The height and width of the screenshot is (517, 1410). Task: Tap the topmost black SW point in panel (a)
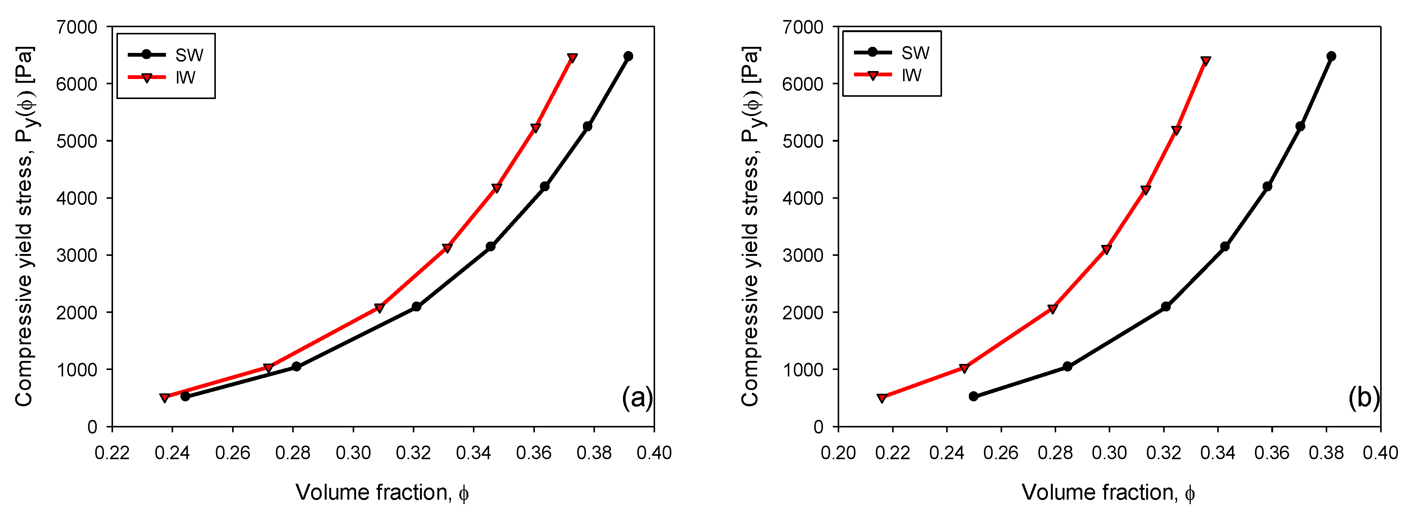coord(628,56)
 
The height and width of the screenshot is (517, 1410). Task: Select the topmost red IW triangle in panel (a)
coord(572,58)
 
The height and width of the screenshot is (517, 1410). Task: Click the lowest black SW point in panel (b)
coord(973,396)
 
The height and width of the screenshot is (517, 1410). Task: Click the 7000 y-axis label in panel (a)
coord(77,27)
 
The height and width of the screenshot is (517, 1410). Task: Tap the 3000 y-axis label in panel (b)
coord(803,255)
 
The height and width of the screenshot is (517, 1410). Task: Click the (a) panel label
coord(637,397)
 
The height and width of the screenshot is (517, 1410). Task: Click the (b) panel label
coord(1364,397)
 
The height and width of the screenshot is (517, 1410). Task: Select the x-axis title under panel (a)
coord(382,492)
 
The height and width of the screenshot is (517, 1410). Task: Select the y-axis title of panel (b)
coord(751,225)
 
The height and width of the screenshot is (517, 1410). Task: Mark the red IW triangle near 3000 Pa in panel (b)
coord(1106,249)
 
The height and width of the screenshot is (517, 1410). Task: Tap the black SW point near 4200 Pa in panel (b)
coord(1267,187)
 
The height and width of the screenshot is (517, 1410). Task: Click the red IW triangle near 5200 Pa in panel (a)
coord(535,128)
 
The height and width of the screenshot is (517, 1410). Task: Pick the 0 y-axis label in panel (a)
coord(92,427)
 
